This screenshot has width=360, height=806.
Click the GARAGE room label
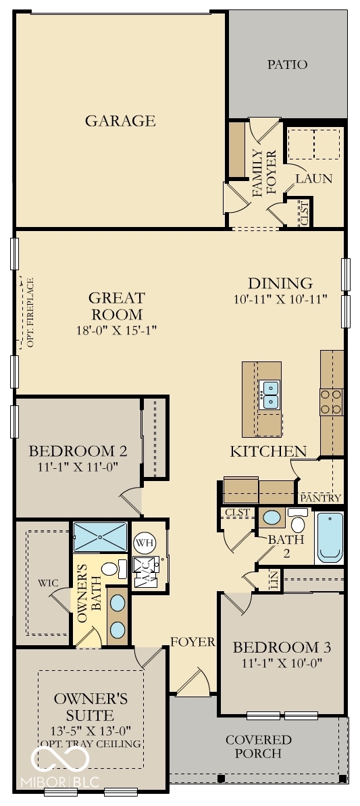click(x=120, y=121)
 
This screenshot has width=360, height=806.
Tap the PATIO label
click(x=287, y=65)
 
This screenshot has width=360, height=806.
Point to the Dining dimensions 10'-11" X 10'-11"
click(x=280, y=299)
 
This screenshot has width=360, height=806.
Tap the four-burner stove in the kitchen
click(x=331, y=402)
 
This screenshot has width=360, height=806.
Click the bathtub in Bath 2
click(x=330, y=538)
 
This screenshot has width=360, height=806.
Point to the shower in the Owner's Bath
click(x=100, y=536)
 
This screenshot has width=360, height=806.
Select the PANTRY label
click(x=321, y=498)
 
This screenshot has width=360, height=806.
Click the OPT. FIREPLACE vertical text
click(x=30, y=312)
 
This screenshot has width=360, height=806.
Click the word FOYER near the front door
click(x=192, y=641)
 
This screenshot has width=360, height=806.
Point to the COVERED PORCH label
click(x=259, y=747)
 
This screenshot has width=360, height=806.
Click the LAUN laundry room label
click(x=313, y=179)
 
